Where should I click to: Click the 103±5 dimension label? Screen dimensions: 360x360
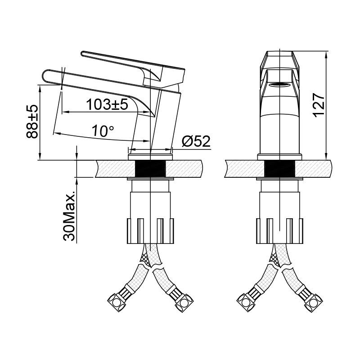(x=108, y=104)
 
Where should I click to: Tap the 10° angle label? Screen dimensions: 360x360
(x=103, y=131)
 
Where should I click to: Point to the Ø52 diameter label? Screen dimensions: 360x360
(x=196, y=141)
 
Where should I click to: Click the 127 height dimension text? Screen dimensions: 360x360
(x=319, y=105)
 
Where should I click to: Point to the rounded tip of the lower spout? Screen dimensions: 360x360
(x=44, y=77)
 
